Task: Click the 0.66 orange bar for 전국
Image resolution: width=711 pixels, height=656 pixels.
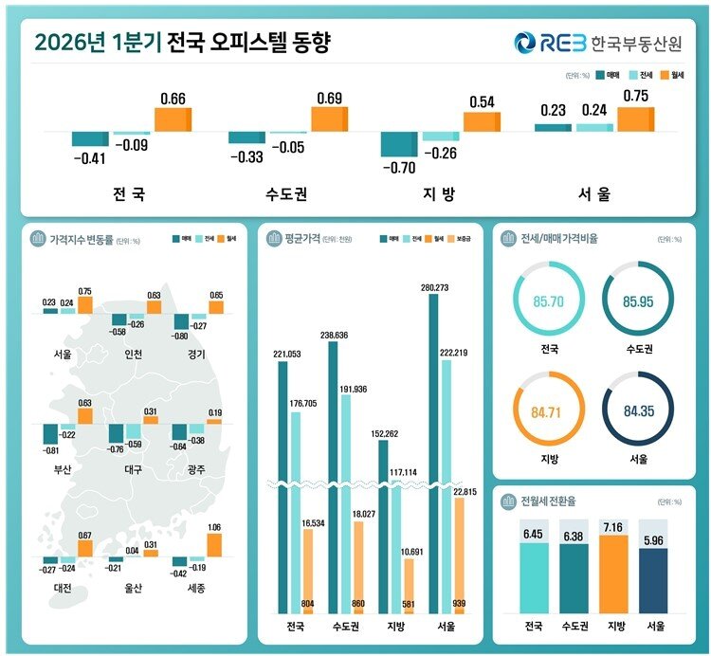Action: pyautogui.click(x=173, y=119)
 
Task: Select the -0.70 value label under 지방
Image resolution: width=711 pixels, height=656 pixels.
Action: pyautogui.click(x=397, y=168)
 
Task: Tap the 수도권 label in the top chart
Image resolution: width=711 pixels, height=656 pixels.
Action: pyautogui.click(x=286, y=193)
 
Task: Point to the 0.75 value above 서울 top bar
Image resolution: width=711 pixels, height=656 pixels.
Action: pyautogui.click(x=636, y=96)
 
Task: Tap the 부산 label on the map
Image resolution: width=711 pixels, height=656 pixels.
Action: pyautogui.click(x=62, y=468)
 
